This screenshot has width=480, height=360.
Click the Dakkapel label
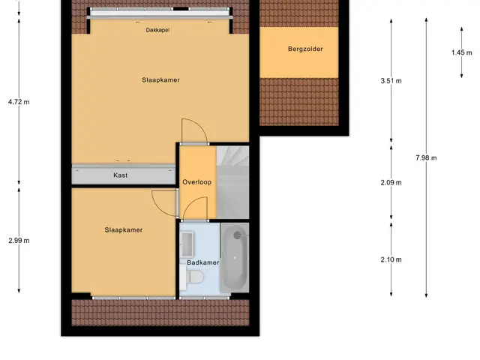coord(157,30)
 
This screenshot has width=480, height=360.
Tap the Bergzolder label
coord(305,49)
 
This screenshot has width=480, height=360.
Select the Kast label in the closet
coord(121,175)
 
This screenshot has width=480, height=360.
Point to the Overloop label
coord(196,182)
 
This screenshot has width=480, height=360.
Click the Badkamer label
coord(203,262)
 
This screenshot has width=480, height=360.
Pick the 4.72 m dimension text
coord(19,102)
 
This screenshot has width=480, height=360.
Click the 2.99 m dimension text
coord(19,241)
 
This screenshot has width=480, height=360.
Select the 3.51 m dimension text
coord(391,81)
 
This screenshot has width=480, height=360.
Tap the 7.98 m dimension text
coord(426,158)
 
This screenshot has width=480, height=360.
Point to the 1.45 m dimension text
coord(462,52)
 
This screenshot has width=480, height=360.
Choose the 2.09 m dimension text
coord(391,183)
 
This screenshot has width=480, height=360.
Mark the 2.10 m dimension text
coord(391,260)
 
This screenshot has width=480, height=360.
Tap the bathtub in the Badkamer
coord(235,258)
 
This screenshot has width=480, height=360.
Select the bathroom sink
coord(187,244)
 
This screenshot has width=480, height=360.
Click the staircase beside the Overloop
coord(232,182)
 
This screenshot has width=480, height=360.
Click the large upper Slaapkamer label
coord(160,80)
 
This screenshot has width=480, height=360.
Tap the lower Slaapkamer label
coord(124,230)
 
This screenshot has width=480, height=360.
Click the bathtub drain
coord(237,235)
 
